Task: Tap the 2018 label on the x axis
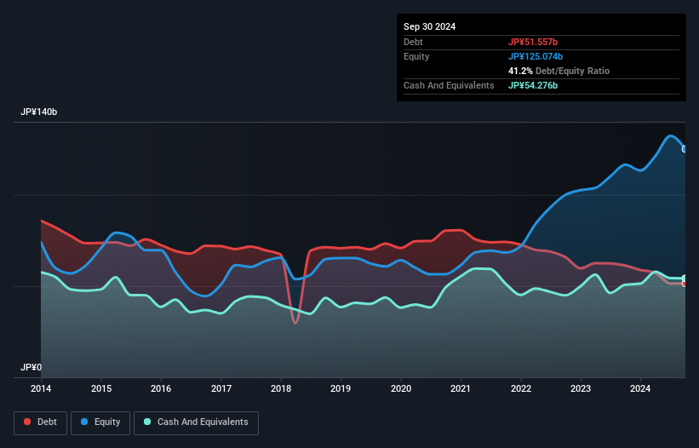[x=281, y=388]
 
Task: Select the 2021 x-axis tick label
[x=461, y=388]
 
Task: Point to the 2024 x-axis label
[x=641, y=388]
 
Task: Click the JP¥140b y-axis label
[x=39, y=112]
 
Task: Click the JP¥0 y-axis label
[x=32, y=368]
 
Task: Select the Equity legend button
[x=100, y=422]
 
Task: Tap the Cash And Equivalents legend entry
[x=196, y=422]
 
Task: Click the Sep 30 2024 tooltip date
[x=430, y=26]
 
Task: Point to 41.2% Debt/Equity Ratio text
[x=559, y=71]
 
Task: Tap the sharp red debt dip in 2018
[x=295, y=322]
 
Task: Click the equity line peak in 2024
[x=671, y=136]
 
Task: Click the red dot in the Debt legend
[x=27, y=422]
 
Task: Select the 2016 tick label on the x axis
[x=161, y=388]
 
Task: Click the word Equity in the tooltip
[x=416, y=56]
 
